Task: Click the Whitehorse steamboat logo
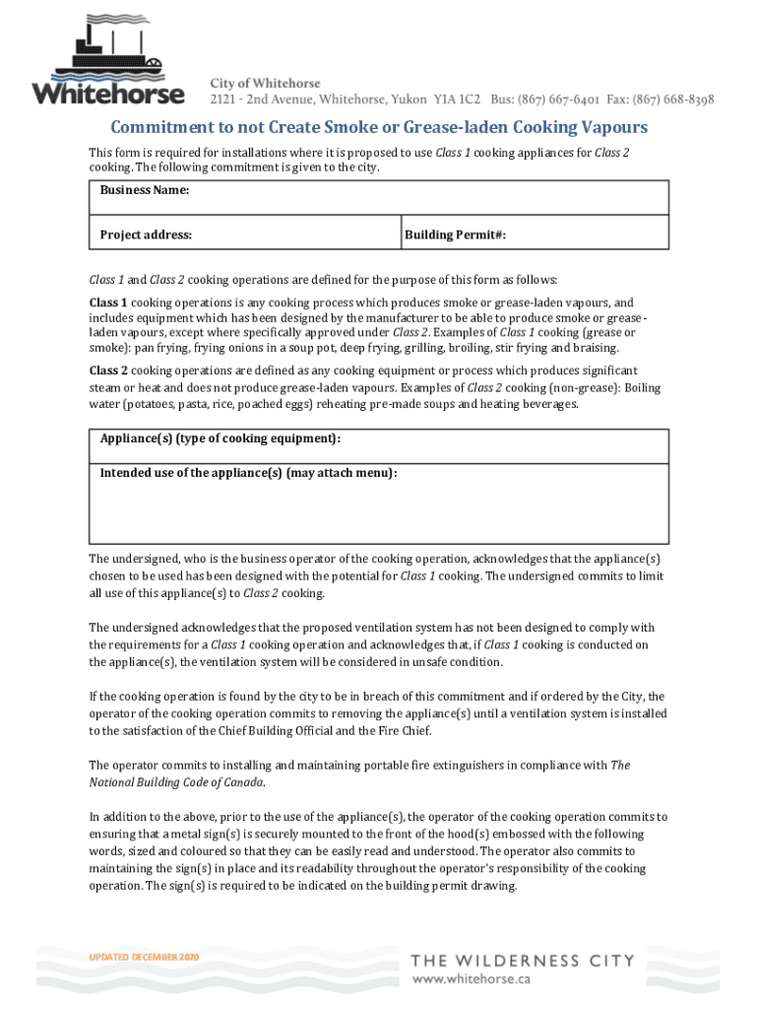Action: [108, 61]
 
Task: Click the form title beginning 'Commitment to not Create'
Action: [379, 128]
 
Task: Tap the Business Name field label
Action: [145, 189]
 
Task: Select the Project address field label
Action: [146, 235]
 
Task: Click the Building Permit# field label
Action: [456, 235]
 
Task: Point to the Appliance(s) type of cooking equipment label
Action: [221, 437]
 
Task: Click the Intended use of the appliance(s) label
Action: [248, 473]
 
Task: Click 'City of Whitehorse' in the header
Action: [265, 83]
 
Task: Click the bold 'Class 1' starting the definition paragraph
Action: [108, 303]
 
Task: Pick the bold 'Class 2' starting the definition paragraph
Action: [108, 370]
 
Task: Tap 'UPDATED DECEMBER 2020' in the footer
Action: [144, 957]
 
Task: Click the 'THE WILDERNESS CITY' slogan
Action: [522, 961]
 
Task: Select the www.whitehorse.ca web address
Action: [472, 979]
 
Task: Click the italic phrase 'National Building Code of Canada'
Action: [176, 781]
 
